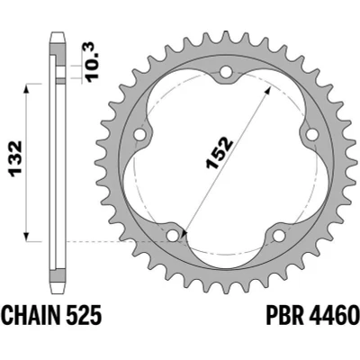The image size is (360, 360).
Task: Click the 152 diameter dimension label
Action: (219, 153)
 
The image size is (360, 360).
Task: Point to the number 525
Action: (85, 316)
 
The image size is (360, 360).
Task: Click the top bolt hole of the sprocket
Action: (226, 72)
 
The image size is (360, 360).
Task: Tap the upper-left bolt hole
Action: (139, 135)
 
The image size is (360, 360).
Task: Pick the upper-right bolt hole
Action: (312, 135)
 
